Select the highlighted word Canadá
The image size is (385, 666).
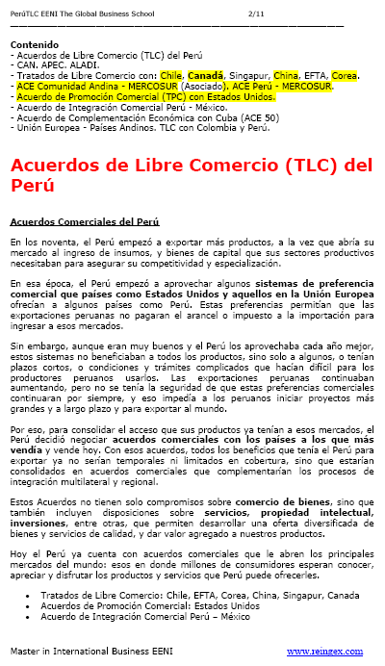click(x=207, y=76)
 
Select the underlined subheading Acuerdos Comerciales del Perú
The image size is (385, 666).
click(x=78, y=220)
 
